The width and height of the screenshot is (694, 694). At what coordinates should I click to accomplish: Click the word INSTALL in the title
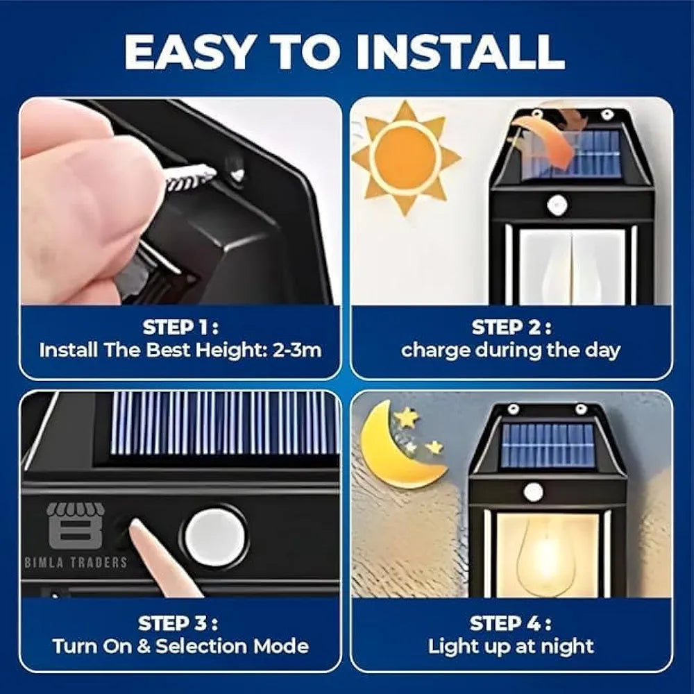[459, 51]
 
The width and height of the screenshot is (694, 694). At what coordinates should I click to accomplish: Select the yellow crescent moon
[394, 448]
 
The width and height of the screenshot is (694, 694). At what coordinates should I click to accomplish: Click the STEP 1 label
[180, 327]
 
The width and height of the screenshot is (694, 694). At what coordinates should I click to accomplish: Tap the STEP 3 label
[180, 623]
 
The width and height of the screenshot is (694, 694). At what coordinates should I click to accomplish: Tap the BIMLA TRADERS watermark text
[76, 562]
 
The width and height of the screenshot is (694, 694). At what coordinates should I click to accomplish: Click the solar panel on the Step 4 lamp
[548, 444]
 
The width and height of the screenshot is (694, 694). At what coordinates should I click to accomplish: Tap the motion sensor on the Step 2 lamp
[557, 205]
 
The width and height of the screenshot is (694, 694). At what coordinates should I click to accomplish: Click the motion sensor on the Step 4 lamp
[533, 491]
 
